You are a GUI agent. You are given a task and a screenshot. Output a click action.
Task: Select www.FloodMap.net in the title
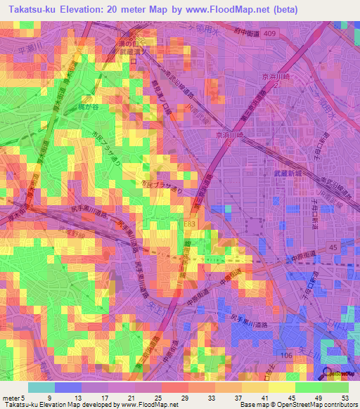coord(226,10)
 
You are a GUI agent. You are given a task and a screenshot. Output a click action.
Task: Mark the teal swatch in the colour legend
coord(41,387)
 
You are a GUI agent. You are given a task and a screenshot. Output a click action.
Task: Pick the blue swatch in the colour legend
coord(67,387)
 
